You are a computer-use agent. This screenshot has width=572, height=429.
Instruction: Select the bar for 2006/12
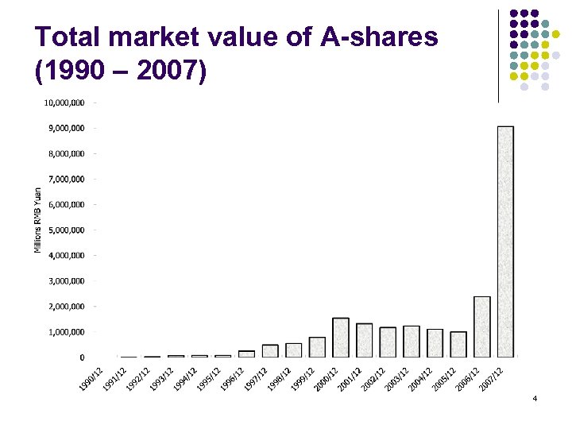481,327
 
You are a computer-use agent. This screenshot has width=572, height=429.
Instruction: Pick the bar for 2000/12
341,337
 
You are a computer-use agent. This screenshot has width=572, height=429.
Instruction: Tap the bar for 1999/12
317,346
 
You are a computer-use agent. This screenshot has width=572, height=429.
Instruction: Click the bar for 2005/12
458,344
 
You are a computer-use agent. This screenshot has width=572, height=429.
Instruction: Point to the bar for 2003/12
412,341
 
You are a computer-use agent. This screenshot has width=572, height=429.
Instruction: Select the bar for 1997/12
270,350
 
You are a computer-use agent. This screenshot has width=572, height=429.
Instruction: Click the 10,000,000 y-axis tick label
65,102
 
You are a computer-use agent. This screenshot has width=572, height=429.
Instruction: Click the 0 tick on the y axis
82,357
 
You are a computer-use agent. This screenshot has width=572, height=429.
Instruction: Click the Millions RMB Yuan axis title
37,220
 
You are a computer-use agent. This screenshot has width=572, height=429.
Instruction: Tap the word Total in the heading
69,37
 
